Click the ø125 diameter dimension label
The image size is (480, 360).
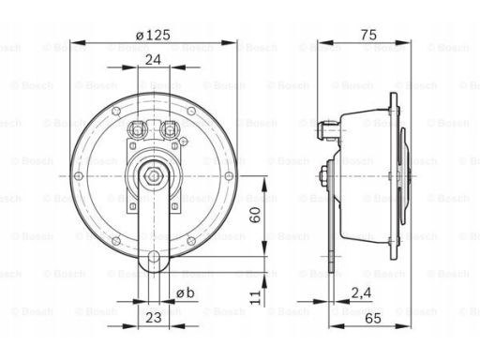click(152, 35)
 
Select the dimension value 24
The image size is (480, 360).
click(152, 59)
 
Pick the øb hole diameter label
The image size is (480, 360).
click(186, 293)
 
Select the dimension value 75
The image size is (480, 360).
click(367, 35)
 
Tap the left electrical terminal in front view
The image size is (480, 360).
click(137, 129)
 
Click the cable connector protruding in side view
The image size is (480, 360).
click(329, 131)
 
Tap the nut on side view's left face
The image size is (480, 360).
click(322, 174)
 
